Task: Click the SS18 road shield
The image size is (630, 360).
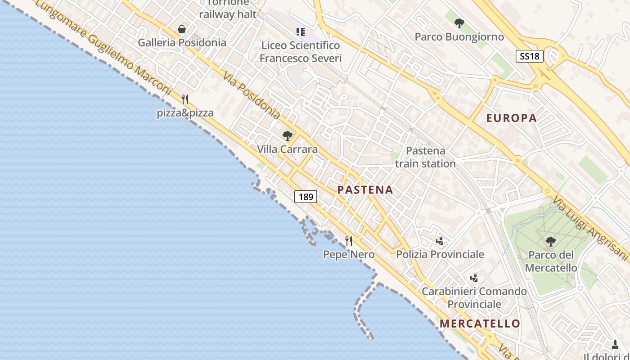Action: (x=530, y=56)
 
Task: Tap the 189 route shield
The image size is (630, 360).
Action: (x=306, y=197)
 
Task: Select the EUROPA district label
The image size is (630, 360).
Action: (x=511, y=118)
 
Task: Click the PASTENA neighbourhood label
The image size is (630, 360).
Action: (x=365, y=190)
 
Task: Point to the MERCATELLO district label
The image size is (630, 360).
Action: (x=480, y=324)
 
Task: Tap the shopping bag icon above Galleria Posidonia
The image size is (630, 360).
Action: (x=182, y=30)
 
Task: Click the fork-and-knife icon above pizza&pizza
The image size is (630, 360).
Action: (x=185, y=99)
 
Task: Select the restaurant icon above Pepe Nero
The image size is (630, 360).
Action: (x=349, y=241)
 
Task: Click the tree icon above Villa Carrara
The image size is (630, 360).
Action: (x=287, y=136)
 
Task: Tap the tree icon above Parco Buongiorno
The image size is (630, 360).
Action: (x=459, y=23)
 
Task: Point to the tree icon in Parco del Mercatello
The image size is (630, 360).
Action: (x=550, y=242)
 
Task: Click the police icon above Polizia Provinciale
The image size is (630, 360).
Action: (x=440, y=241)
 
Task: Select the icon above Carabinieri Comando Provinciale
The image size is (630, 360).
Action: (x=474, y=278)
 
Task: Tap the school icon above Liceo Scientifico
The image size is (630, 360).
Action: (x=300, y=32)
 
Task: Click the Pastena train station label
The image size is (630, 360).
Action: (x=425, y=157)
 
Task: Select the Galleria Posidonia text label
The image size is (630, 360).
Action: (x=182, y=43)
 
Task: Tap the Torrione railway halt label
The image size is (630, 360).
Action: (x=228, y=9)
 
